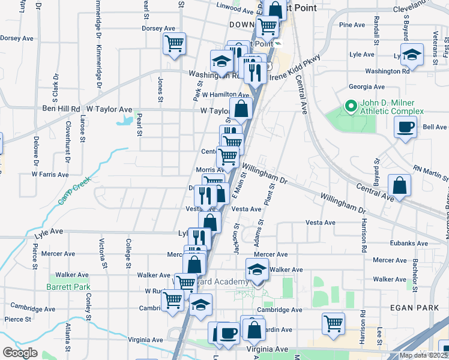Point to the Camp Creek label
[x=74, y=191]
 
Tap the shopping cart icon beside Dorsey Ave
[x=174, y=43]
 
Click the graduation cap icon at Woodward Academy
[x=257, y=270]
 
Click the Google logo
[x=20, y=353]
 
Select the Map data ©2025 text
[x=423, y=355]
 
